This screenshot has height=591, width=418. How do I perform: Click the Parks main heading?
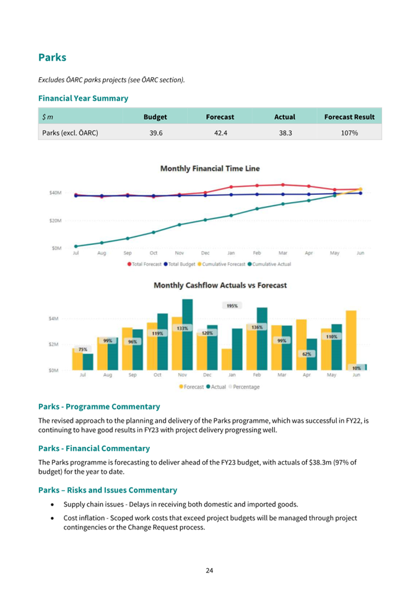click(52, 58)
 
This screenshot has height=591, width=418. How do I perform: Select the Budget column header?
click(155, 117)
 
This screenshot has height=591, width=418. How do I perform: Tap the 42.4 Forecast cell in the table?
click(220, 132)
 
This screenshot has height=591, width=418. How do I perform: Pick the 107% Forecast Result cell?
click(349, 132)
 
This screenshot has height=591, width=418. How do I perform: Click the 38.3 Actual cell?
click(285, 132)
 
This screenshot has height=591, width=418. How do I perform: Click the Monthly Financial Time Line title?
click(210, 168)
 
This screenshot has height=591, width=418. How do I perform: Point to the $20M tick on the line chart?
click(55, 220)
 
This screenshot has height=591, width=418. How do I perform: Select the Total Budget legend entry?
click(180, 264)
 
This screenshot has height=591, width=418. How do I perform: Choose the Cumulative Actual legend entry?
click(269, 264)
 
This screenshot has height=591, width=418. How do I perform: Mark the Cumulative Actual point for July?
click(76, 246)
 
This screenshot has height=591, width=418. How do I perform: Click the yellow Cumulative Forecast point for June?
click(360, 189)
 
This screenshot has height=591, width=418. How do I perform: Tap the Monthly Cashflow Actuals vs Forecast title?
click(220, 285)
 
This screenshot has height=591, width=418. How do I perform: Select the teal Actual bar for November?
click(188, 335)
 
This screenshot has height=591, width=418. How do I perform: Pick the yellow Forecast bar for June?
click(351, 340)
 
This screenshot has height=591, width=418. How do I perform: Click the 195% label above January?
click(232, 306)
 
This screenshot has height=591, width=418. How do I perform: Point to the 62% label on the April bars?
click(307, 354)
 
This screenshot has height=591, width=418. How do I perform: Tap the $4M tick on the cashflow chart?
click(54, 319)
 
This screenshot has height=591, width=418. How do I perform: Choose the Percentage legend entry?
click(244, 387)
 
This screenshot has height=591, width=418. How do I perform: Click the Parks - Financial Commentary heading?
click(94, 448)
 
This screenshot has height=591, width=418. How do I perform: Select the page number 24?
click(209, 571)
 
